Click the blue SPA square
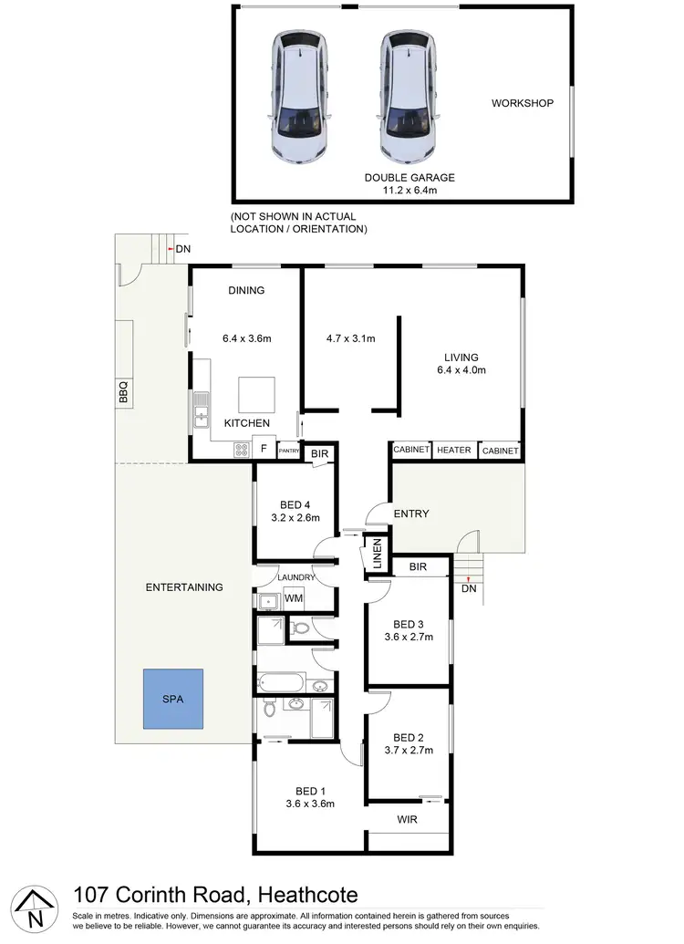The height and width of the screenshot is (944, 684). point(172,699)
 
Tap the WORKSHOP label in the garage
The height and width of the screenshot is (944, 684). point(523,103)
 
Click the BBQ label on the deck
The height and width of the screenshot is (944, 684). point(123,392)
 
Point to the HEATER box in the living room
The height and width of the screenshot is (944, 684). point(453,451)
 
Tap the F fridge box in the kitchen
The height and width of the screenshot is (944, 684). point(264,449)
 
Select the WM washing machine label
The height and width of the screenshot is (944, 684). point(293,599)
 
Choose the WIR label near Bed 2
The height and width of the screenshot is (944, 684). point(408,820)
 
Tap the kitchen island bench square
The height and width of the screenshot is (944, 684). point(255,395)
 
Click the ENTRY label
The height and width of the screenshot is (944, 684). point(410,513)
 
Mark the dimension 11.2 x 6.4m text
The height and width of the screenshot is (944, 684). point(409,190)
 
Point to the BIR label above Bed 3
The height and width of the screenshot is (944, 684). point(418,567)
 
